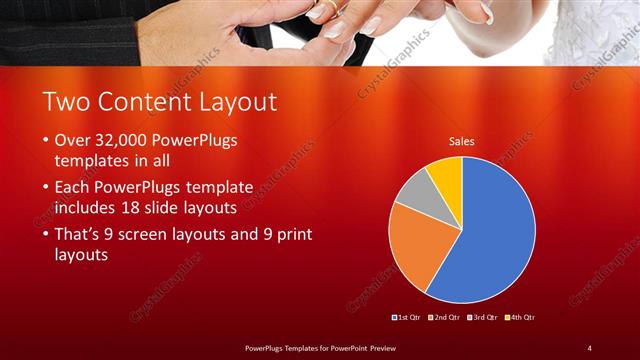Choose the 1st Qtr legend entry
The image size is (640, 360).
(408, 317)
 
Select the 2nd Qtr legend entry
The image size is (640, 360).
(445, 317)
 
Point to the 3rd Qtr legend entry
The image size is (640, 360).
(482, 317)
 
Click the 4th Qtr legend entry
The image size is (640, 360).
(519, 317)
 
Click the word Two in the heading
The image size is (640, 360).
(69, 101)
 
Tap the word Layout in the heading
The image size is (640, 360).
(236, 101)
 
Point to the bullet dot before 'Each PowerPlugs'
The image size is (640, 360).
(46, 187)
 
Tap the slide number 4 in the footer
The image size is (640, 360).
(589, 347)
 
